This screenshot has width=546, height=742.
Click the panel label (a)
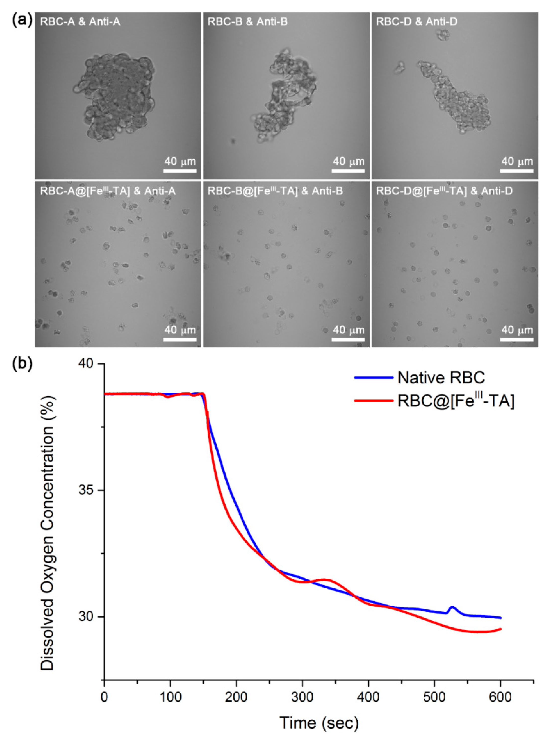(22, 20)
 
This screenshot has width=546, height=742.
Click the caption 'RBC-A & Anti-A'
(80, 22)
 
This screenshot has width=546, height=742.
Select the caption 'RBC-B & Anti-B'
(247, 22)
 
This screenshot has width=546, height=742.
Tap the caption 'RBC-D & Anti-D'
(417, 22)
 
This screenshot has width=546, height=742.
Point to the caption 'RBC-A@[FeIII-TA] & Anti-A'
(108, 191)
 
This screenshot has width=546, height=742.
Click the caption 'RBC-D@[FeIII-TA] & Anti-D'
(444, 191)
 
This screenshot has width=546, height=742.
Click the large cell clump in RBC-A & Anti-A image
(114, 98)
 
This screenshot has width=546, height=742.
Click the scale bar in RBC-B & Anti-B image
(348, 171)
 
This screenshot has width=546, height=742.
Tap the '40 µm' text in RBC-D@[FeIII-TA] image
(517, 330)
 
